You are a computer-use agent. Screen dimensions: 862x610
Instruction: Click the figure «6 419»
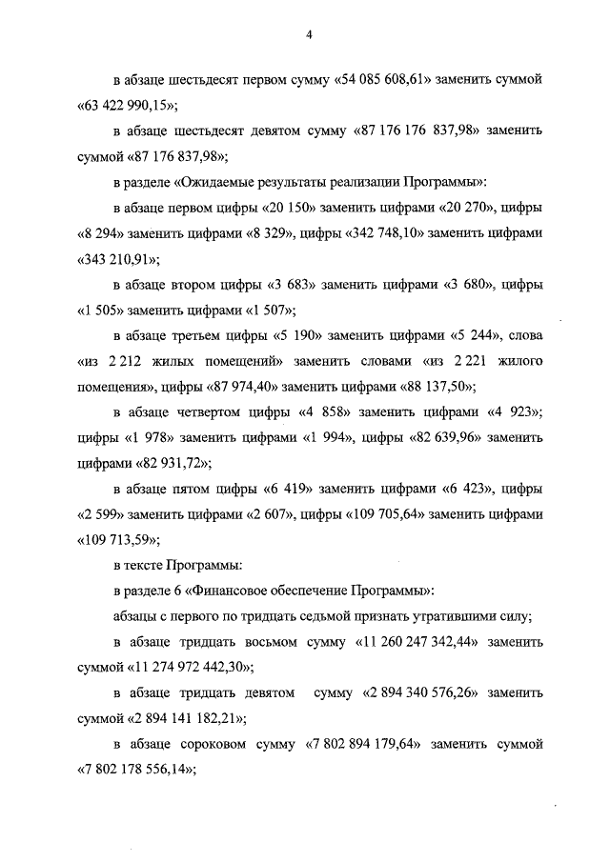288,490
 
